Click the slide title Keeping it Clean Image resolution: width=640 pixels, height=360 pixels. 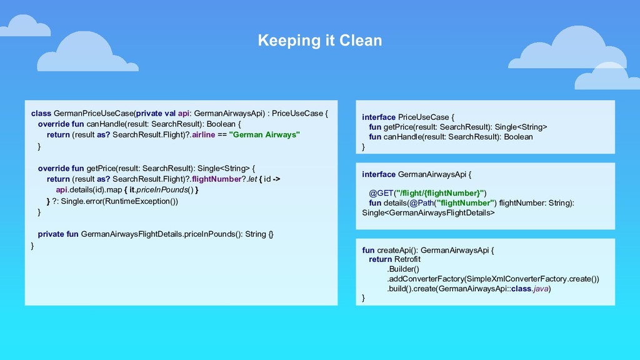[x=319, y=41]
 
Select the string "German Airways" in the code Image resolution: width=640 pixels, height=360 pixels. [x=265, y=134]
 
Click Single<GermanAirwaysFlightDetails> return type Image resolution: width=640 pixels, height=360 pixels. [x=428, y=213]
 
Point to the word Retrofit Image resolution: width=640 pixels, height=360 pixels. [x=407, y=259]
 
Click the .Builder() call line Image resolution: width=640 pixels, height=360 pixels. [x=403, y=269]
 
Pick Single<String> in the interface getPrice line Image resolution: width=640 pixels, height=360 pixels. [x=521, y=127]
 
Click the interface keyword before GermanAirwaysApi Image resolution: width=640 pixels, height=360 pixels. [x=378, y=174]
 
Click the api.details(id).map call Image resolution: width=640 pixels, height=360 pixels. [x=89, y=190]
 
